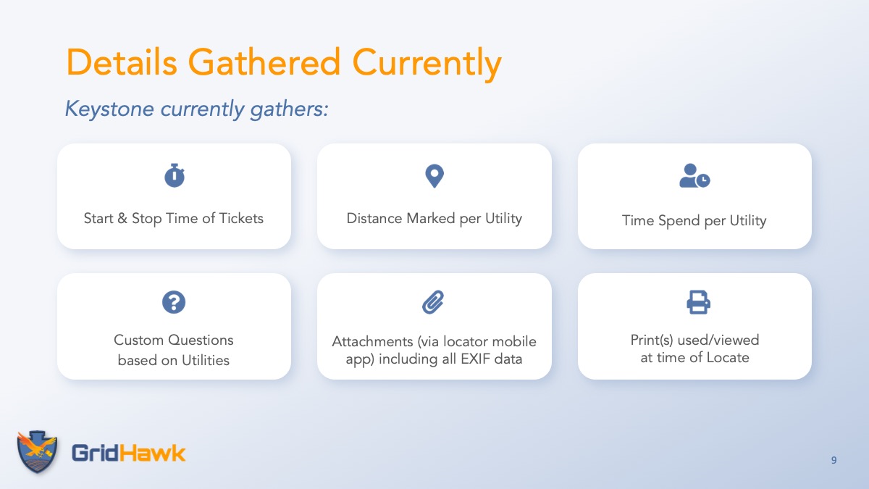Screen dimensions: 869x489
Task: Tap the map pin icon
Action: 434,176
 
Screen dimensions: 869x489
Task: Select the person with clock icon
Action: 694,176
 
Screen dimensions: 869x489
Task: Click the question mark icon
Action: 174,302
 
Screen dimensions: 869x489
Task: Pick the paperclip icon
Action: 433,302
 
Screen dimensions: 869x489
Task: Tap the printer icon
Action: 698,302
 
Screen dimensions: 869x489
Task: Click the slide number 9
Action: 834,460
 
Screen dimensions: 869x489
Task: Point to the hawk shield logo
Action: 37,452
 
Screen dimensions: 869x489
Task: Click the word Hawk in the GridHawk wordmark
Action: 151,453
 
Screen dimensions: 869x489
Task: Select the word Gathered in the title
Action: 264,62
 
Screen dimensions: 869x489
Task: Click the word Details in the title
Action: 122,62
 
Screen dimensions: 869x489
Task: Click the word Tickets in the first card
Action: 241,219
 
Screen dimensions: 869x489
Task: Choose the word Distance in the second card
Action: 374,219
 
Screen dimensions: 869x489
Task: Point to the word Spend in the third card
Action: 679,221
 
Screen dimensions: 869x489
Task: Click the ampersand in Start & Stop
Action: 122,219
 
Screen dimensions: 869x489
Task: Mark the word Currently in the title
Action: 427,64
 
